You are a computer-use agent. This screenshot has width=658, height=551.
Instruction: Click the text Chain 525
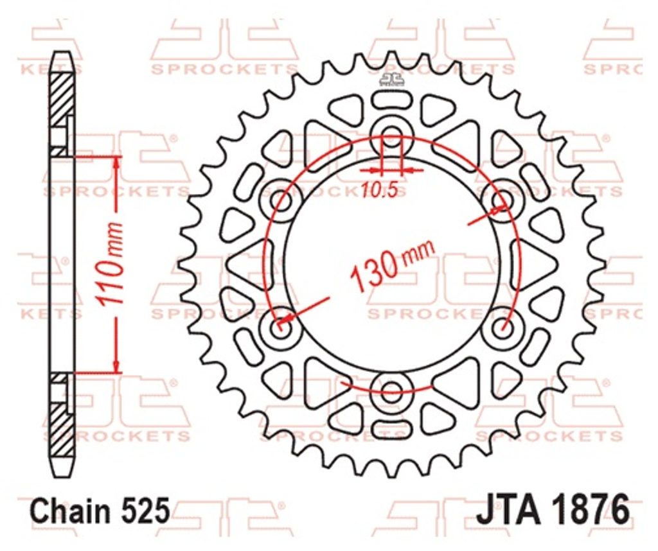coord(101,511)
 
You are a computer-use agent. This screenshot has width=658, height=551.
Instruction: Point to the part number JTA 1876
coord(553,509)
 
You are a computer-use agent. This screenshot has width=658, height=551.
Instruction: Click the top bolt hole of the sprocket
coord(392,133)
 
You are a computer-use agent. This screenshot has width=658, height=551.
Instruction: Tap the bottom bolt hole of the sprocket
coord(392,388)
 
